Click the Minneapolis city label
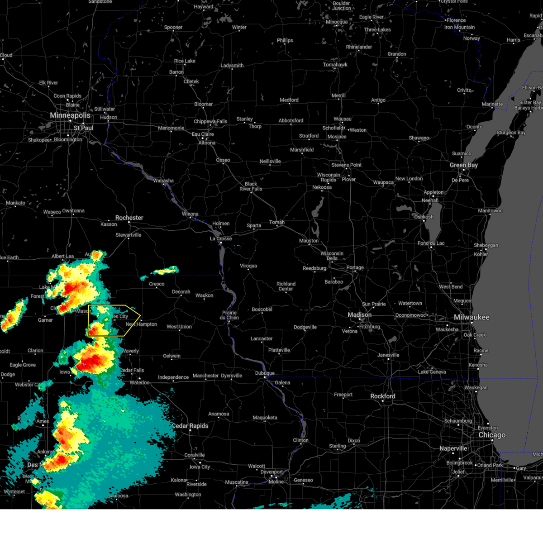click(x=70, y=115)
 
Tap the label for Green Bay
click(x=463, y=165)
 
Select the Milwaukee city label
click(x=472, y=317)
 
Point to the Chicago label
click(x=492, y=435)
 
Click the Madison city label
click(x=359, y=315)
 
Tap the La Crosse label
click(x=221, y=238)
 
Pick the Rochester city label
click(x=129, y=218)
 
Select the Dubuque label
click(x=265, y=373)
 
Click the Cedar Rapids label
click(x=190, y=426)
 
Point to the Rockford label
click(x=382, y=396)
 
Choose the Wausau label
click(x=342, y=119)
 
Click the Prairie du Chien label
click(x=229, y=315)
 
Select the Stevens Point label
click(x=346, y=165)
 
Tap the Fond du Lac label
click(x=431, y=243)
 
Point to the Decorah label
click(x=181, y=292)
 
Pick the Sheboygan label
click(x=486, y=245)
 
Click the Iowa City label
click(x=200, y=467)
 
